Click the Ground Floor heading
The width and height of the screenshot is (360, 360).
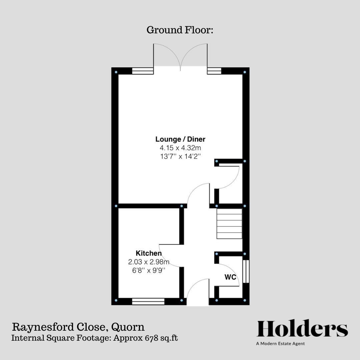pos(180,30)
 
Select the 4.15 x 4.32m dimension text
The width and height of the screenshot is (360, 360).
pos(180,147)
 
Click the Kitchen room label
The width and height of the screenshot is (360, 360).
pos(148,253)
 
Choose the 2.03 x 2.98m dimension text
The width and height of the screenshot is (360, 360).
pos(148,262)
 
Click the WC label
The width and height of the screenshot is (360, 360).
pos(230,277)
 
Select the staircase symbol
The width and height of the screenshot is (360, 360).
pos(229,224)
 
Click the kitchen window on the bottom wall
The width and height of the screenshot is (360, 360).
pos(148,302)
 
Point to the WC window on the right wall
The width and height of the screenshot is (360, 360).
pos(246,272)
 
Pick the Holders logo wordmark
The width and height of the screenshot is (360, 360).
pos(302,329)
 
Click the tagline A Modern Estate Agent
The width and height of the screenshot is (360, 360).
pos(280,343)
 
